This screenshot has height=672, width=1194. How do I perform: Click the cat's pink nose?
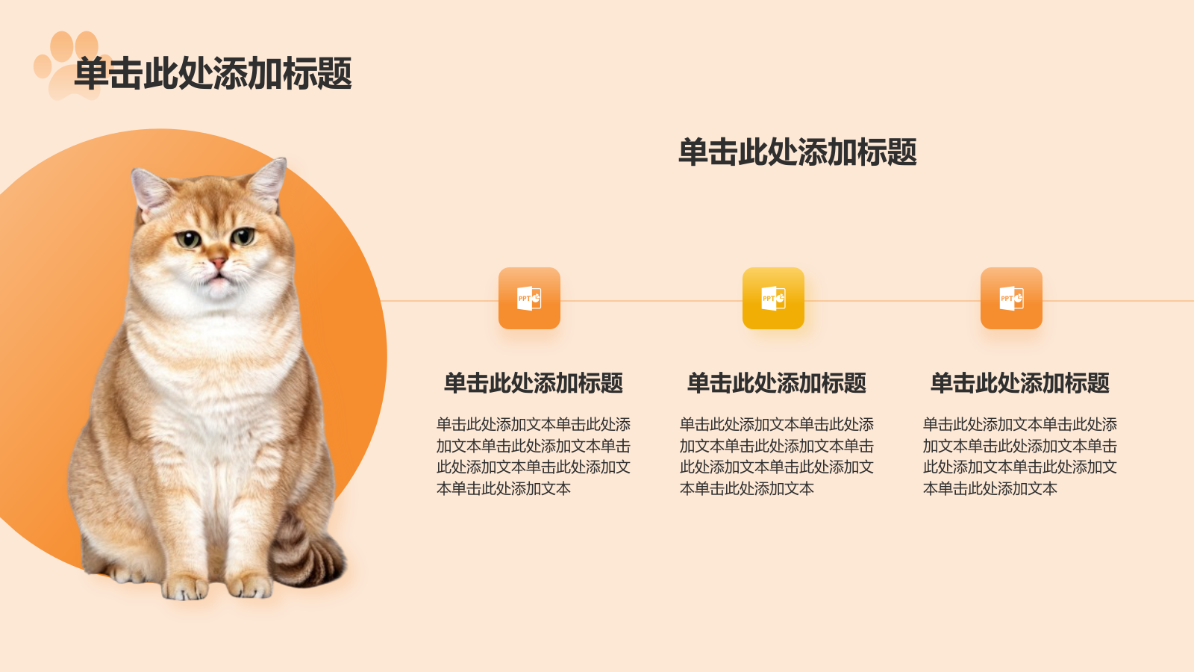coord(217,262)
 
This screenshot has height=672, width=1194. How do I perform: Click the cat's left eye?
coord(188,239)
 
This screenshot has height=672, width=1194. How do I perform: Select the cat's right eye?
coord(243,237)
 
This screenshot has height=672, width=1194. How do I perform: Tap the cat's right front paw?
coord(250,585)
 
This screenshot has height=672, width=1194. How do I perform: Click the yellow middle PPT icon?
coord(773,298)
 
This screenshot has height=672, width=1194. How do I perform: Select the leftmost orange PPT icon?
coord(529,298)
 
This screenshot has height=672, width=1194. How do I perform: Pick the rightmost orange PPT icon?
coord(1011,298)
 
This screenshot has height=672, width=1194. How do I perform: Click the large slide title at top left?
coord(213,73)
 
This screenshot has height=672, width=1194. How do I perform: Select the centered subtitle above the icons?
coord(797,152)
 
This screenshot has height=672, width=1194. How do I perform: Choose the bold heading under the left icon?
coord(533,383)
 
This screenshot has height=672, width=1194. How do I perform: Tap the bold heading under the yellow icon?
coord(776,383)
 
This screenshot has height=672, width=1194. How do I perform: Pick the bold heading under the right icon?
coord(1019,383)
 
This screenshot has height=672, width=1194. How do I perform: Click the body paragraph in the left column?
coord(533,456)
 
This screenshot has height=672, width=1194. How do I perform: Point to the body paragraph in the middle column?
coord(776,456)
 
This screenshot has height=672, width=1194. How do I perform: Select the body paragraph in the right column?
coord(1019,456)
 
